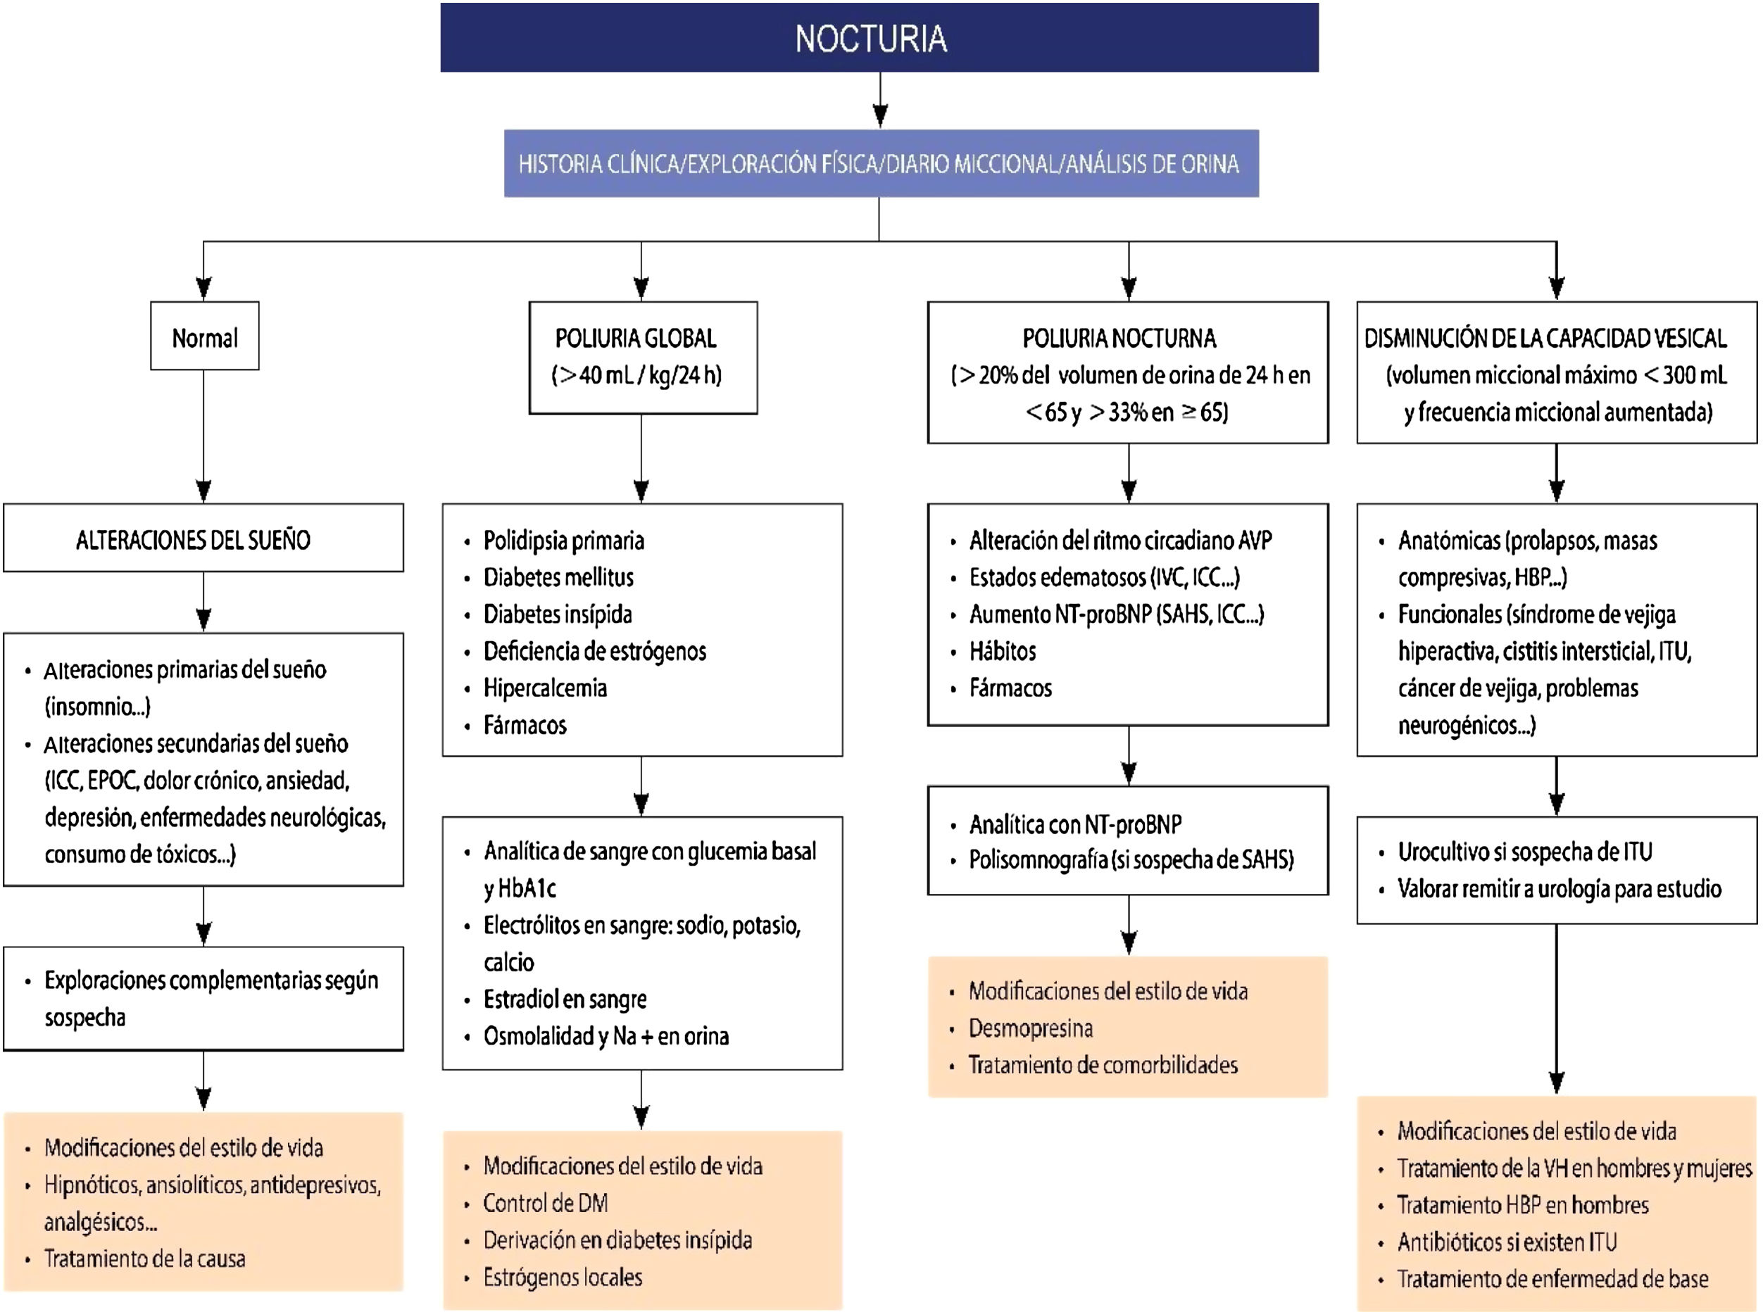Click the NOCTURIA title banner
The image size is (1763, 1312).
[879, 38]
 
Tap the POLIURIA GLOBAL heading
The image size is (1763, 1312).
[636, 339]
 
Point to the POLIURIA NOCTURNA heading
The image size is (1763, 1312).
[1119, 339]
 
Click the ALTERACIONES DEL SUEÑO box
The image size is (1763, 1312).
[193, 540]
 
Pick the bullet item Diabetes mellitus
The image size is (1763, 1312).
[558, 577]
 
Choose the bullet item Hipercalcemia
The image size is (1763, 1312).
[545, 688]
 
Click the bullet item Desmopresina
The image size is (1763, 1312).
[1031, 1028]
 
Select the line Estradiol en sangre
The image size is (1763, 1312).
[565, 999]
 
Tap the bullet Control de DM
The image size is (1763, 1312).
[546, 1203]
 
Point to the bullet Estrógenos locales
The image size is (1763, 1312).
[563, 1277]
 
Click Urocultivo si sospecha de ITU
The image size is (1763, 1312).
[1524, 852]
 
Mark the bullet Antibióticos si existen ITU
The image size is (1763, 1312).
[1507, 1242]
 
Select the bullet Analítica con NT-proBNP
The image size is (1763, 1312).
[1075, 824]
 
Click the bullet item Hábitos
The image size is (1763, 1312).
[1003, 651]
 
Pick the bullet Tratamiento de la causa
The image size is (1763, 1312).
[144, 1259]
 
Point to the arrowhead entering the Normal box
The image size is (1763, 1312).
[204, 289]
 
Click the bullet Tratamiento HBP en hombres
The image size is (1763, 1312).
[1522, 1205]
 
